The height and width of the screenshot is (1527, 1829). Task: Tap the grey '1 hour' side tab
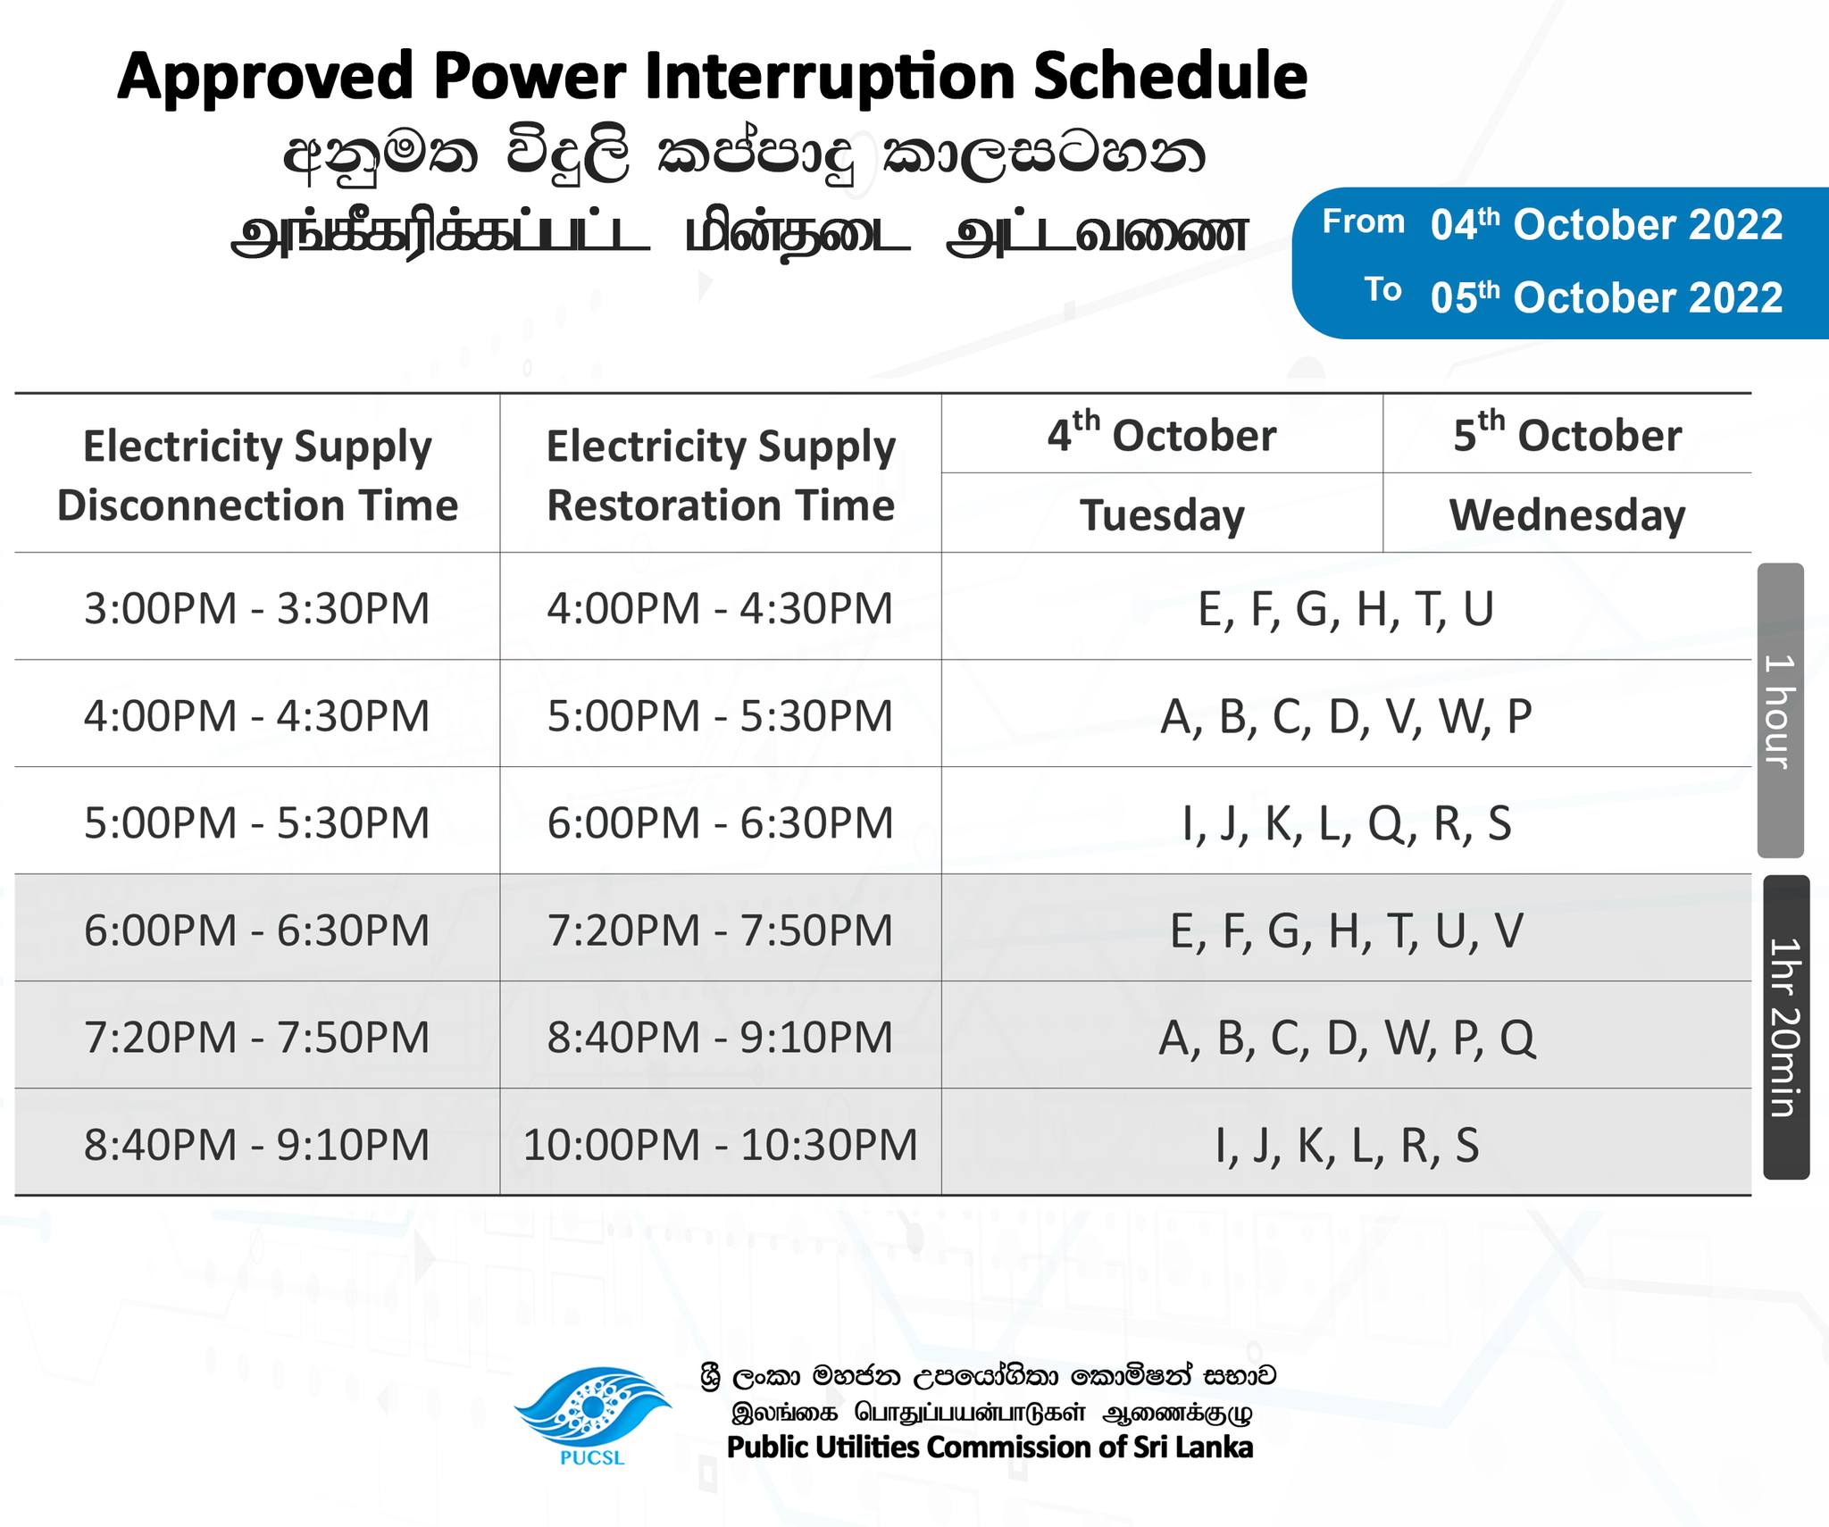coord(1781,710)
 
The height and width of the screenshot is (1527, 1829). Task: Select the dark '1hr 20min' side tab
coord(1786,1027)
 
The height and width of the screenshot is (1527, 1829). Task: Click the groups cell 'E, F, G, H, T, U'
coord(1346,609)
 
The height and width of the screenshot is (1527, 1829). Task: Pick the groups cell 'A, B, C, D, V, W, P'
coord(1346,716)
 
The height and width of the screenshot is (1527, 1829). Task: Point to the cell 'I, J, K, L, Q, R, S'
coord(1346,823)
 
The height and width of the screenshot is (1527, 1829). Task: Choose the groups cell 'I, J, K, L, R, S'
coord(1346,1145)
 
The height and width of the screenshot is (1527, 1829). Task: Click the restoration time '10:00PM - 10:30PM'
coord(720,1145)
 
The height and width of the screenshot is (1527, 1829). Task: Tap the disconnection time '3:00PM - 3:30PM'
coord(257,609)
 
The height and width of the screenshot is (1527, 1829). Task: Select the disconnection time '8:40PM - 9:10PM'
coord(257,1145)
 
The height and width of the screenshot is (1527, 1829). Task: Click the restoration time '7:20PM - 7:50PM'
coord(720,930)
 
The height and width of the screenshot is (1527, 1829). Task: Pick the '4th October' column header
coord(1162,434)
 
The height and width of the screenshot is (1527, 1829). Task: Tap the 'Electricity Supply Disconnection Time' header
coord(257,475)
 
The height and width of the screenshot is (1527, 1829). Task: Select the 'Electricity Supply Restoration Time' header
coord(720,475)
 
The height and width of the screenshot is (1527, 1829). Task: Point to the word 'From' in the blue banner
coord(1363,221)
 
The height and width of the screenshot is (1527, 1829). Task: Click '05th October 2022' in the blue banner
coord(1606,297)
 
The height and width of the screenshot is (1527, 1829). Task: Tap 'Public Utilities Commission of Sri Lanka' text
coord(990,1447)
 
